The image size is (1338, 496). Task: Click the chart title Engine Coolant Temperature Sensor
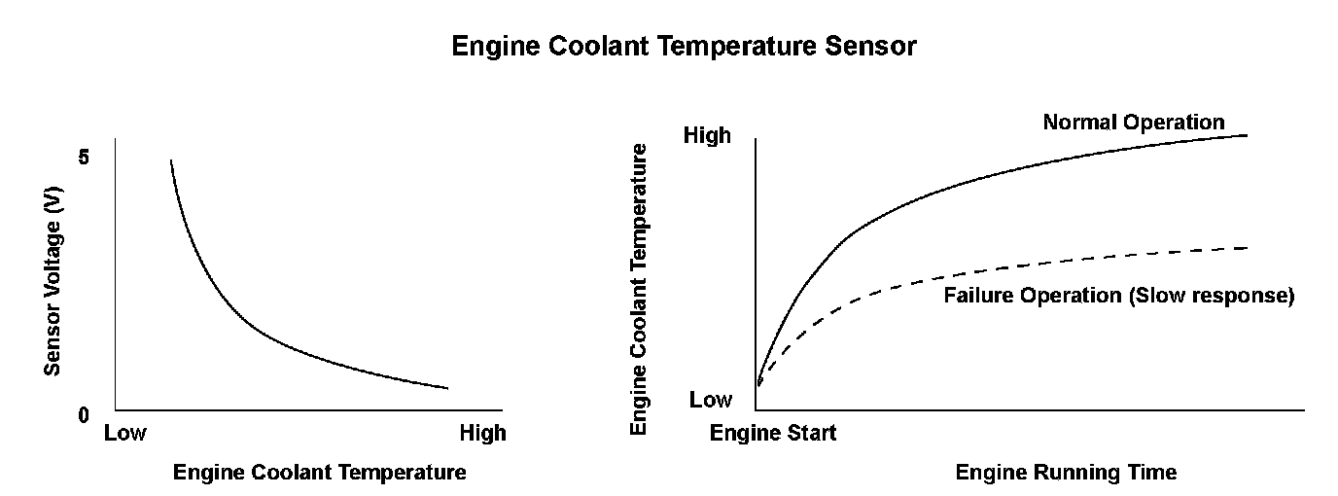[684, 46]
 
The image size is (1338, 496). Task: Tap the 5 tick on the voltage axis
[85, 158]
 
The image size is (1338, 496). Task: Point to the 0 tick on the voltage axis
[84, 416]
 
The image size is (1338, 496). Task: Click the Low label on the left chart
[124, 433]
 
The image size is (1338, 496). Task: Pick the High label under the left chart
[482, 433]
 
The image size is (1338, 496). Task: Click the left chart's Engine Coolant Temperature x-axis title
[319, 473]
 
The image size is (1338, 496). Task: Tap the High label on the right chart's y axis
[707, 136]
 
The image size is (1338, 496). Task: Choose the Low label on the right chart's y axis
[710, 400]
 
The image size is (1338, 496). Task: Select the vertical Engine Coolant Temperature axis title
[639, 289]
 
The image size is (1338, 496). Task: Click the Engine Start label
[773, 433]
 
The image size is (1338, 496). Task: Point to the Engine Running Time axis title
[1066, 473]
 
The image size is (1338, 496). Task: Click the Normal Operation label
[1134, 123]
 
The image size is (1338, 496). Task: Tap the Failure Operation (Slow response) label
[1118, 296]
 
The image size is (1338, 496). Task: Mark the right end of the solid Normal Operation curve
[1247, 135]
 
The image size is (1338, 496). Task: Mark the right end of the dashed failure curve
[1246, 248]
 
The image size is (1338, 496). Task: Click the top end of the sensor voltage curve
[171, 160]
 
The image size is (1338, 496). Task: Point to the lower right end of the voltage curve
[447, 388]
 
